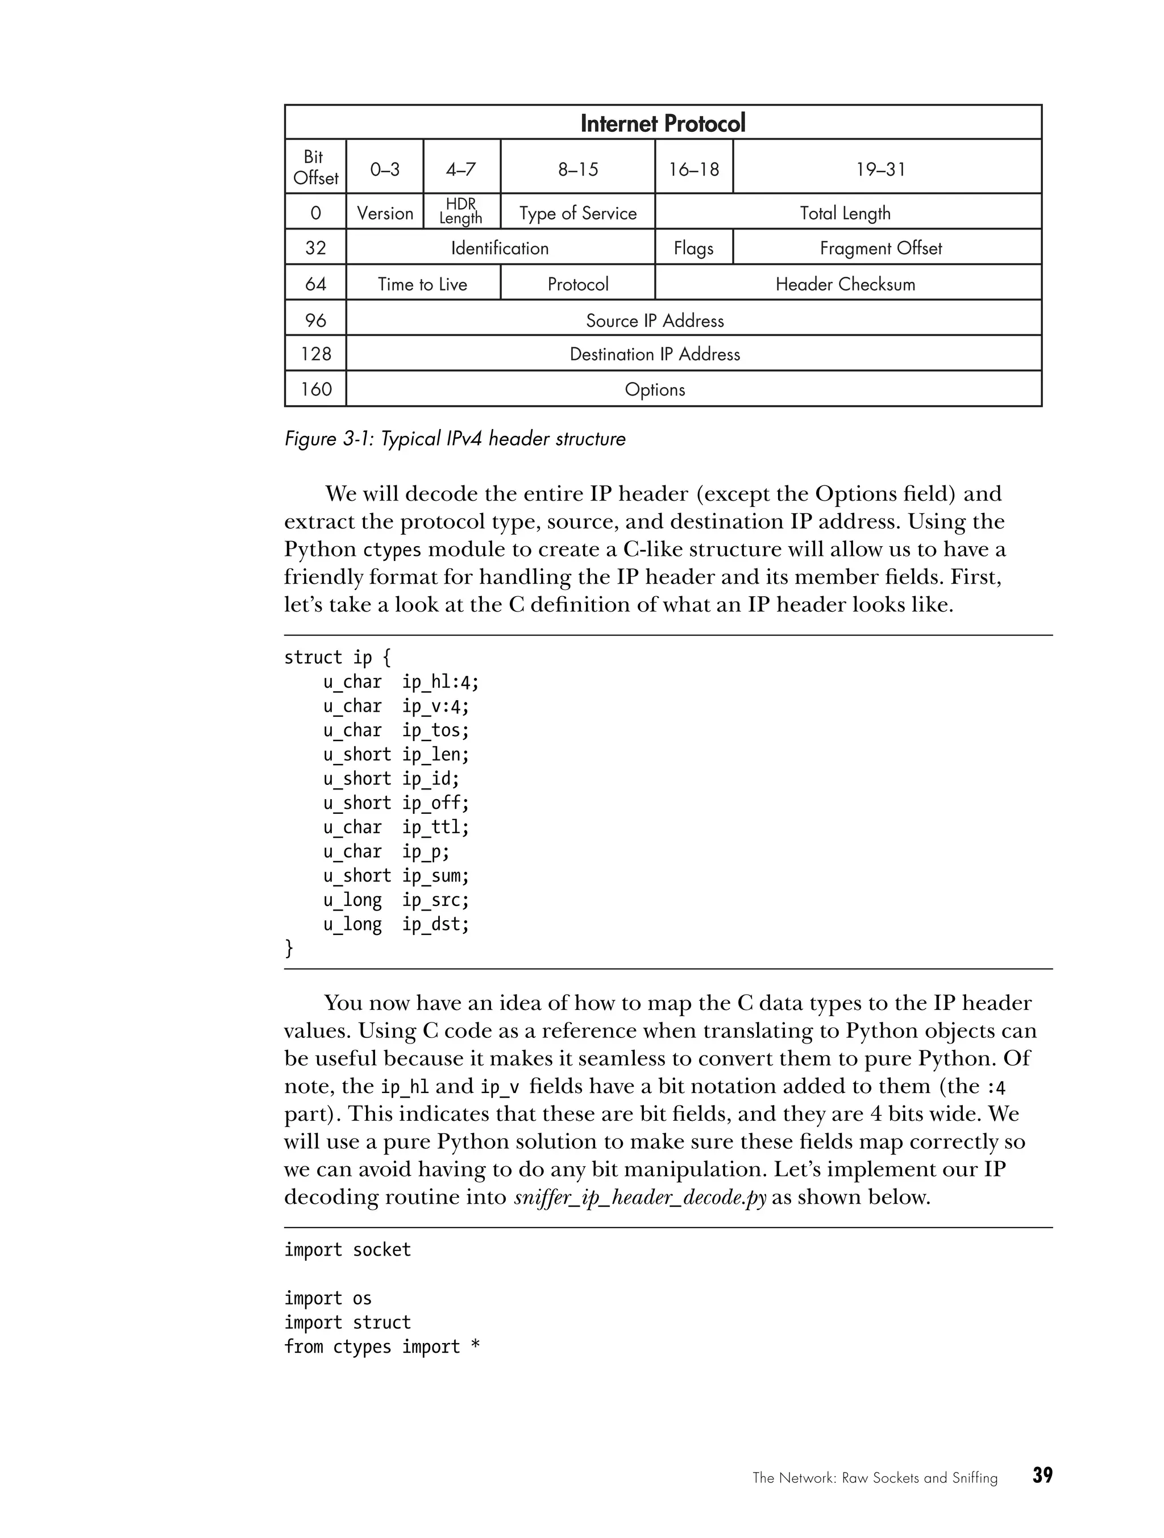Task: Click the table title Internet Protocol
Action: click(x=662, y=123)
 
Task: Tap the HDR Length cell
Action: click(x=460, y=211)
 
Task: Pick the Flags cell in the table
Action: click(x=693, y=248)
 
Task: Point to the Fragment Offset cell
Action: click(x=880, y=248)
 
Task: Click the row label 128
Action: click(x=315, y=354)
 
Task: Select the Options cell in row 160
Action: click(x=654, y=389)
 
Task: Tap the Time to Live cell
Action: click(x=422, y=284)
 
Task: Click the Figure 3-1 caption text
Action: click(x=455, y=439)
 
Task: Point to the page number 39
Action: click(x=1042, y=1475)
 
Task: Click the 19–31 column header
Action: click(x=880, y=169)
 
